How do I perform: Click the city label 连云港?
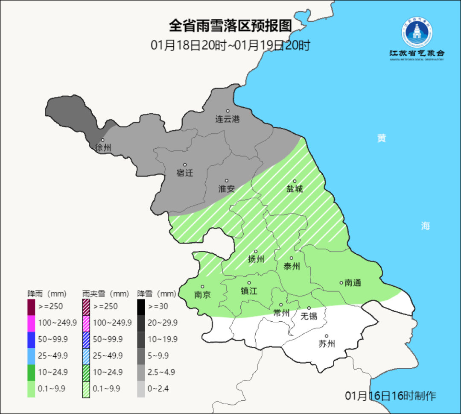coord(228,119)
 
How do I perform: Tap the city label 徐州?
coord(103,148)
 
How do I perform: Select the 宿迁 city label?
coord(185,173)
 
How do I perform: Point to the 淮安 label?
coord(227,188)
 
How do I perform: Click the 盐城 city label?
coord(295,188)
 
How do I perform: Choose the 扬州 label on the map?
coord(256,259)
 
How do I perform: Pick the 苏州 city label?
coord(327,344)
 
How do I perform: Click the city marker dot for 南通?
coord(341,282)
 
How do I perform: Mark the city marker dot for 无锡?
coord(309,308)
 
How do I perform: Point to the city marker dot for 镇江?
coord(249,283)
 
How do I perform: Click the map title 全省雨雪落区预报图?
coord(230,26)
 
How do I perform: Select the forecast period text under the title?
coord(230,45)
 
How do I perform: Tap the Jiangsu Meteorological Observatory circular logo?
coord(417,32)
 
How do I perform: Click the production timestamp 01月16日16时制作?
coord(391,396)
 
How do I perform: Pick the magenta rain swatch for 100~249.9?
coord(31,323)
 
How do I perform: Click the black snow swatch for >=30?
coord(141,306)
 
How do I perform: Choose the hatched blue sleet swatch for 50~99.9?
coord(86,339)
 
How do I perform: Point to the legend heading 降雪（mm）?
coord(157,294)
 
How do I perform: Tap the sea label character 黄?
coord(382,138)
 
